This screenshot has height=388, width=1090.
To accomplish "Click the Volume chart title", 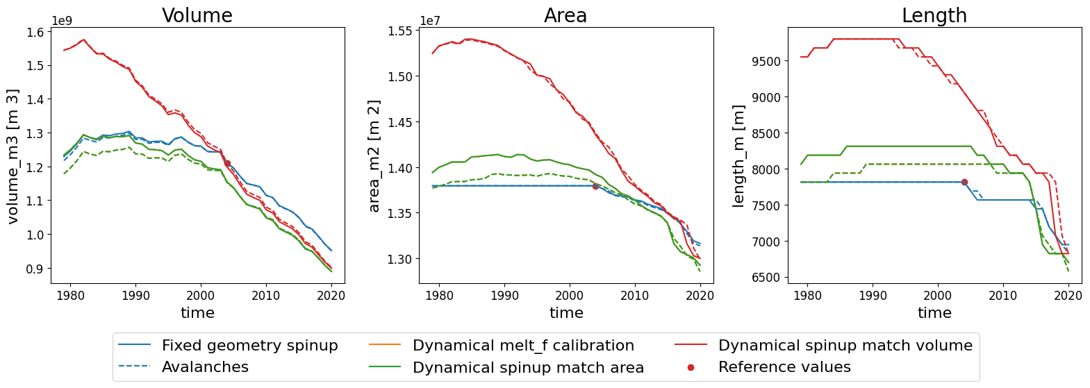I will point(197,15).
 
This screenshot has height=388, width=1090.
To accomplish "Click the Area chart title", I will point(565,15).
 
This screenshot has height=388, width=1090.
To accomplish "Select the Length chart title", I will point(934,15).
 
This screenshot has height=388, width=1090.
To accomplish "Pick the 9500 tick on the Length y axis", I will point(766,61).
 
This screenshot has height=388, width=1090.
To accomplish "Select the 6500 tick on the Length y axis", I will point(766,278).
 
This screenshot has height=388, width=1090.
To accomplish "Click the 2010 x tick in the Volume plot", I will point(266,296).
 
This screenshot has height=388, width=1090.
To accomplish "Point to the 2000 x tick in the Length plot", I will point(938,296).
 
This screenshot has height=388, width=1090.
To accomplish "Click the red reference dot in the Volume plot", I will point(227,163).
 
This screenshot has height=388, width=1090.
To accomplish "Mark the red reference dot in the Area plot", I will point(595,186).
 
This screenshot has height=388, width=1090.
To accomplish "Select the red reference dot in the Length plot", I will point(964,182).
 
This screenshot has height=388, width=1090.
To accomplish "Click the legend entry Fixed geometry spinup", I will point(249,345).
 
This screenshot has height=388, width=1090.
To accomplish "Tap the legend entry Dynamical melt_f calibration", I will point(522,345).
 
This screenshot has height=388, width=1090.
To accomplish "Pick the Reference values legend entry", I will point(784,366).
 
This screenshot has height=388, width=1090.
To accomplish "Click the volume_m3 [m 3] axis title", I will point(13,155).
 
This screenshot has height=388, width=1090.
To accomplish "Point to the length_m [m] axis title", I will point(738,155).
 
